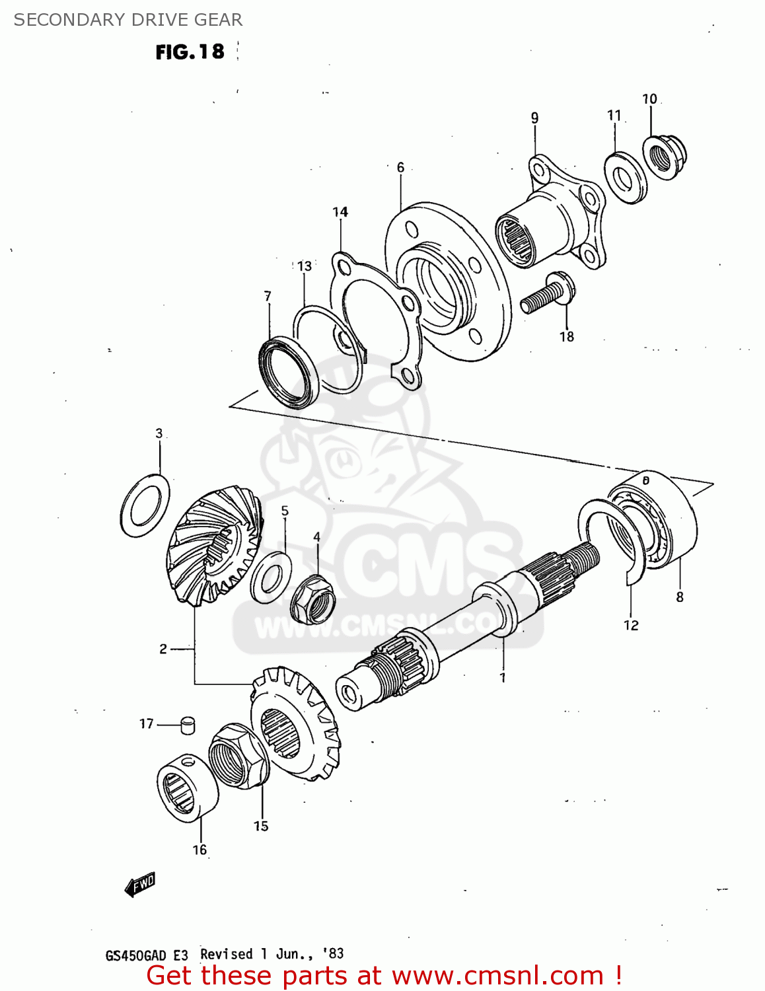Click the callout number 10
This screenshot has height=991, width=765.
click(x=649, y=99)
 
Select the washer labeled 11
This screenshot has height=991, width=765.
click(x=625, y=178)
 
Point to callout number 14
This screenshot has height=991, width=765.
click(x=340, y=212)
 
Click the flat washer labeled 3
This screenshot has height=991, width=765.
click(x=145, y=505)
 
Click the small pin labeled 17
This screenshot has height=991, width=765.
click(x=188, y=725)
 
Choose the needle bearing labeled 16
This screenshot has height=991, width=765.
click(x=188, y=788)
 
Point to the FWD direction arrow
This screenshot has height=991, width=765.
click(x=139, y=884)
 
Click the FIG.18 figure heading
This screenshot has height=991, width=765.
click(x=190, y=52)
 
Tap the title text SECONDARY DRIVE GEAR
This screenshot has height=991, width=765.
click(x=128, y=20)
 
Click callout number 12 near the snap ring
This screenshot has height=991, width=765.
click(x=631, y=625)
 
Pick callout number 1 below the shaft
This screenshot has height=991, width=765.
click(x=503, y=678)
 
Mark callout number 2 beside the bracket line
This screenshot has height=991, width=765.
click(x=163, y=649)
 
